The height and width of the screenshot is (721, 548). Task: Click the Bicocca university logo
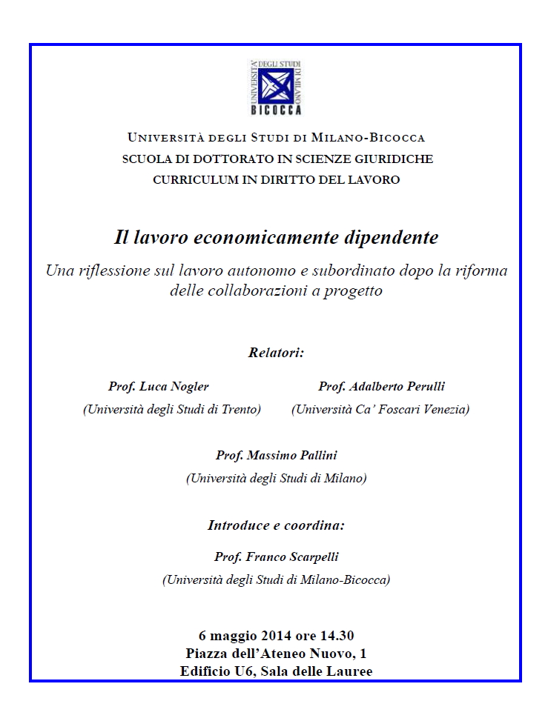click(x=275, y=87)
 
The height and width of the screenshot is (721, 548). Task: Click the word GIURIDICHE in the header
click(x=395, y=159)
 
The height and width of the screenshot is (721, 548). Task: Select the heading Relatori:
click(x=276, y=353)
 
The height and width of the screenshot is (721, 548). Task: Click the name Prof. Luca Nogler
click(x=159, y=386)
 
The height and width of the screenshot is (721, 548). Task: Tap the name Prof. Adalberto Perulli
click(x=382, y=386)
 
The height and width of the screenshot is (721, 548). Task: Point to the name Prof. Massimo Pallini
click(x=276, y=455)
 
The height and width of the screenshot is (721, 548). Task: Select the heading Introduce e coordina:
click(x=276, y=525)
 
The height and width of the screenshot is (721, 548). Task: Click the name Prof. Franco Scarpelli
click(x=276, y=557)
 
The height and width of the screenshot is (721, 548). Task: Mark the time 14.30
click(x=337, y=636)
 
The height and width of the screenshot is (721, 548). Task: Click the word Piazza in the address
click(x=206, y=654)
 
